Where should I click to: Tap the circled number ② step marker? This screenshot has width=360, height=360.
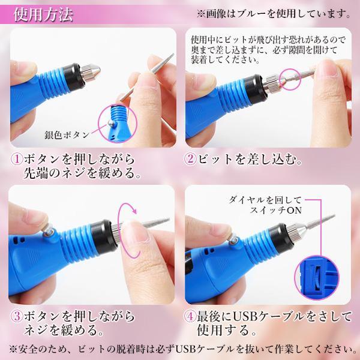tap(191, 161)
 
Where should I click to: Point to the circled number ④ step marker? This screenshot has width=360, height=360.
tap(191, 317)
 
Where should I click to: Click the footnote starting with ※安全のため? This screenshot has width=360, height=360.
tap(180, 349)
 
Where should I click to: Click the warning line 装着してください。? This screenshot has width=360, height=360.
tap(222, 60)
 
